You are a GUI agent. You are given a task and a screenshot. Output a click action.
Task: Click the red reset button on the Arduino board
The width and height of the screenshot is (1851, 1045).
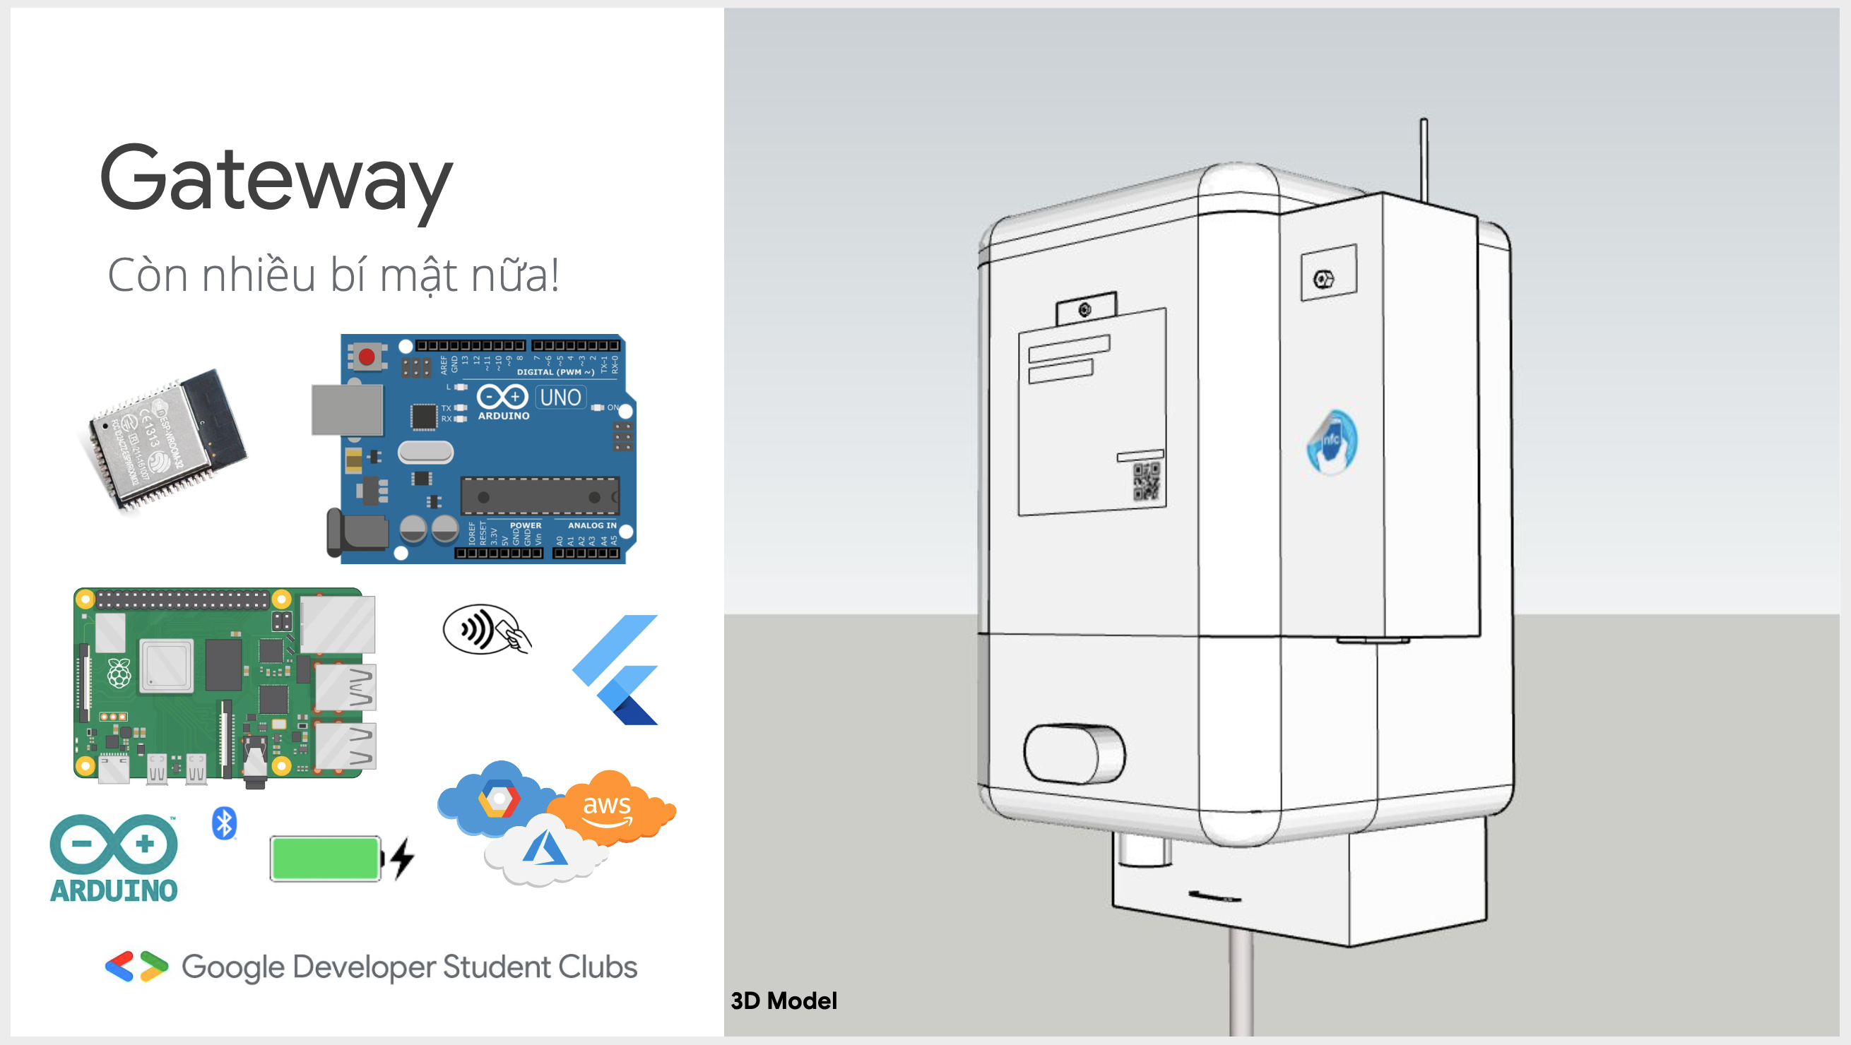tap(367, 357)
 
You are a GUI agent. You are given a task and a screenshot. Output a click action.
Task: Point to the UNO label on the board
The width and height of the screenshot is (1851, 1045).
tap(560, 398)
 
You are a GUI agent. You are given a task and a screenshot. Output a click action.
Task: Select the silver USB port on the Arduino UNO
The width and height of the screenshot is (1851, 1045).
tap(346, 410)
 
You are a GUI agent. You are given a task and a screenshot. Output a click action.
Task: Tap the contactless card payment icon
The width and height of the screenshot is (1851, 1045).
tap(487, 629)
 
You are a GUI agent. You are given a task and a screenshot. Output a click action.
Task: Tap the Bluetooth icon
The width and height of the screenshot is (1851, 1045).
tap(224, 823)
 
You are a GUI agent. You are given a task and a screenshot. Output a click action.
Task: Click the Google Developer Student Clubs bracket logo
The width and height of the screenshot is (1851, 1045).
tap(136, 967)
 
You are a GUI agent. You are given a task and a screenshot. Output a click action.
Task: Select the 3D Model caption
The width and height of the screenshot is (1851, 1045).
tap(783, 1001)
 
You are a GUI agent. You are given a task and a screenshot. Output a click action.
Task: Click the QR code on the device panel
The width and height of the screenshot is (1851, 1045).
tap(1145, 480)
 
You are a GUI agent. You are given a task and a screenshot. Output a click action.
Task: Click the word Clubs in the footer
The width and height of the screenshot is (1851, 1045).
tap(598, 967)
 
